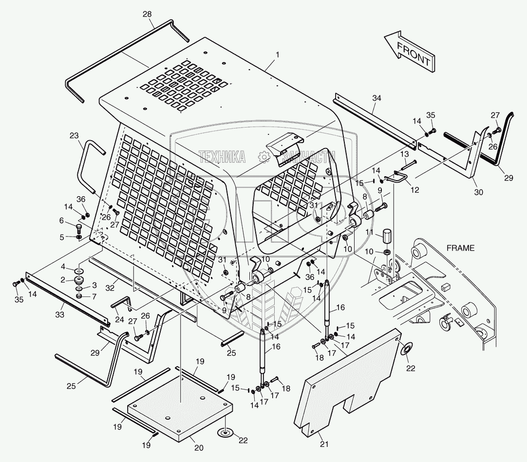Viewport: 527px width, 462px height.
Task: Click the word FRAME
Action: [x=460, y=248]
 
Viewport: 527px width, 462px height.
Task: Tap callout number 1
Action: [x=277, y=55]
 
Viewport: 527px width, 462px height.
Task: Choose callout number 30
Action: [x=478, y=192]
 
